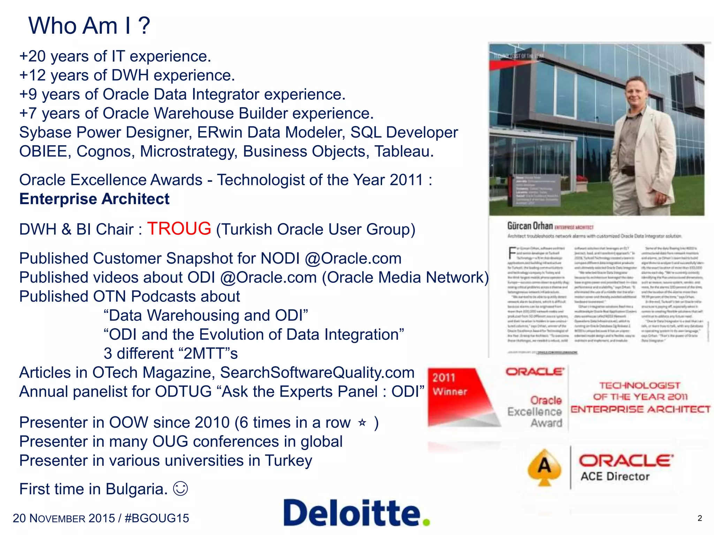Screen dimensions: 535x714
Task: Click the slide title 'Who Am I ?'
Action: pyautogui.click(x=89, y=26)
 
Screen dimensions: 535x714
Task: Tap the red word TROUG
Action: pyautogui.click(x=179, y=229)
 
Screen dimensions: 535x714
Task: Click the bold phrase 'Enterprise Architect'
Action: pyautogui.click(x=94, y=199)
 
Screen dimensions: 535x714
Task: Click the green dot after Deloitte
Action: pyautogui.click(x=426, y=521)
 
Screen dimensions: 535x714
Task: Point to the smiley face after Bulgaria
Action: pyautogui.click(x=181, y=488)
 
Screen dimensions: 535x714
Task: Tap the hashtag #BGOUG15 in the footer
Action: pyautogui.click(x=157, y=518)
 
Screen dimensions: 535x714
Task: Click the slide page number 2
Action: pyautogui.click(x=699, y=518)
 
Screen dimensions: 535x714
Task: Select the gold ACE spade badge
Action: pyautogui.click(x=544, y=467)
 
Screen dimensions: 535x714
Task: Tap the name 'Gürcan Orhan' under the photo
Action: pyautogui.click(x=530, y=226)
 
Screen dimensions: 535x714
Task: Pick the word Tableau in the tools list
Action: pyautogui.click(x=404, y=152)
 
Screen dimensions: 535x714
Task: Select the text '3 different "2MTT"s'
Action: pyautogui.click(x=171, y=354)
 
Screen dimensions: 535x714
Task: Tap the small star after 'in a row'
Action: pyautogui.click(x=362, y=422)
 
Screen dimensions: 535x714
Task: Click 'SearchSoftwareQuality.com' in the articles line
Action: pyautogui.click(x=317, y=373)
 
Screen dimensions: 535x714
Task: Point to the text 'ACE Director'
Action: pyautogui.click(x=615, y=476)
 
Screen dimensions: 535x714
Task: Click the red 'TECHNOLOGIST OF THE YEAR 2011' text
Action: pyautogui.click(x=640, y=391)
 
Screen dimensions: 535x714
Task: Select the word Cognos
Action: pyautogui.click(x=105, y=152)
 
